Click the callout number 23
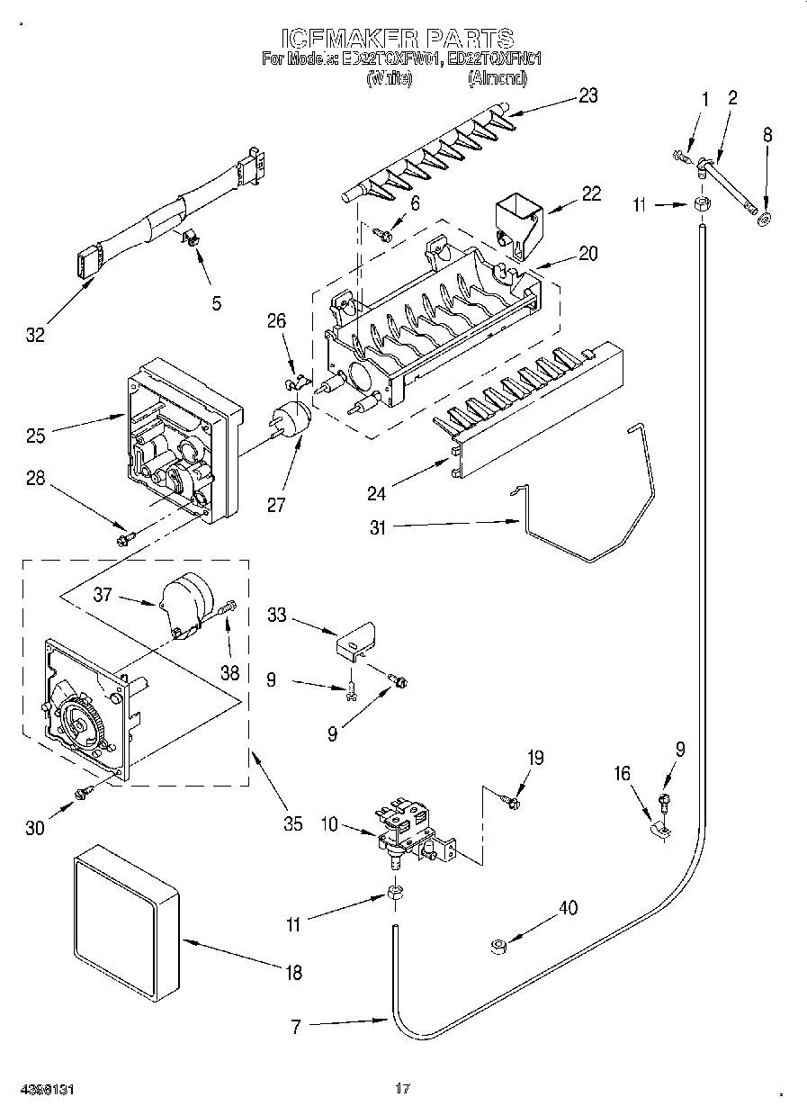coord(587,96)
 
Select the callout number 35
coord(291,823)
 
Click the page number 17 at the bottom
coord(403,1089)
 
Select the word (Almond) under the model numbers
coord(497,78)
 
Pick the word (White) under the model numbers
coord(390,78)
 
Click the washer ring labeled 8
coord(765,218)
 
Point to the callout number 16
coord(622,773)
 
